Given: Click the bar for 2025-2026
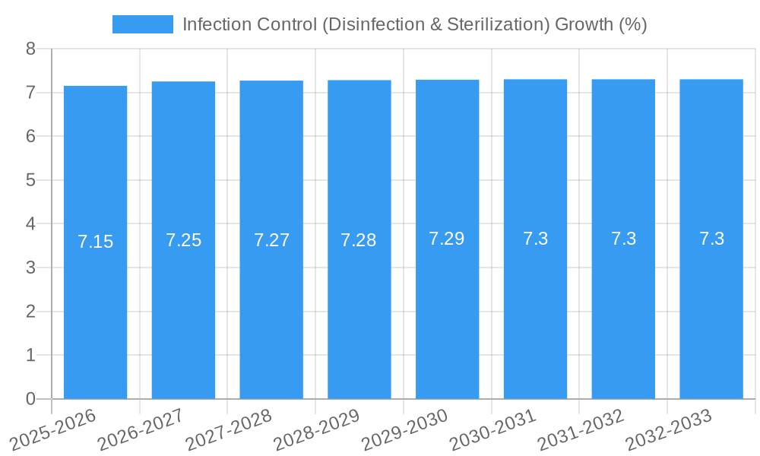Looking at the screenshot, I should tap(95, 304).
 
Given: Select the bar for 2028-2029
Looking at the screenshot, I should tap(359, 304).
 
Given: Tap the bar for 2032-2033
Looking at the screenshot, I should tap(711, 304).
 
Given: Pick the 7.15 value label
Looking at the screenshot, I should tap(95, 242).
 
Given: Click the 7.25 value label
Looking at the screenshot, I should tap(183, 240).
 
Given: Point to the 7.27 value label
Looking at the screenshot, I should tap(271, 240).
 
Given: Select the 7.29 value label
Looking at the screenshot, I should tap(447, 239).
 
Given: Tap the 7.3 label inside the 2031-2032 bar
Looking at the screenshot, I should tap(623, 239).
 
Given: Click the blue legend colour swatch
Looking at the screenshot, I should tap(142, 24).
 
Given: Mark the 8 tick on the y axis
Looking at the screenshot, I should tap(30, 49).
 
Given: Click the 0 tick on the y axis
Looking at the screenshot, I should tap(30, 399).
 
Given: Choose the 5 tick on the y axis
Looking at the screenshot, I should tap(30, 180).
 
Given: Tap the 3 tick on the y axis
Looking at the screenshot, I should tap(30, 268).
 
